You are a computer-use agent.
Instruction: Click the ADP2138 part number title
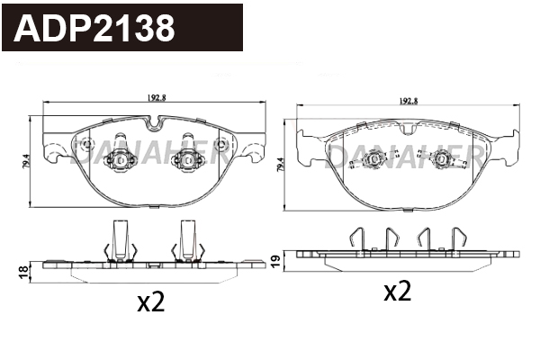coord(94,28)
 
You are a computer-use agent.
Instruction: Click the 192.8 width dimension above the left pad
coord(157,97)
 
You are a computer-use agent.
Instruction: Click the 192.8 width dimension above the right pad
coord(408,101)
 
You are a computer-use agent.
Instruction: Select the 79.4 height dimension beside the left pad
coord(27,161)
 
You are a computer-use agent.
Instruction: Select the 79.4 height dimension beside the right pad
coord(281,165)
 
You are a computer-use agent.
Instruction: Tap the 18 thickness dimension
coord(23,273)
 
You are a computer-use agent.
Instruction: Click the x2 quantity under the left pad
coord(151,302)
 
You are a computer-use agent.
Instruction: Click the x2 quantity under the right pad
coord(398,291)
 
